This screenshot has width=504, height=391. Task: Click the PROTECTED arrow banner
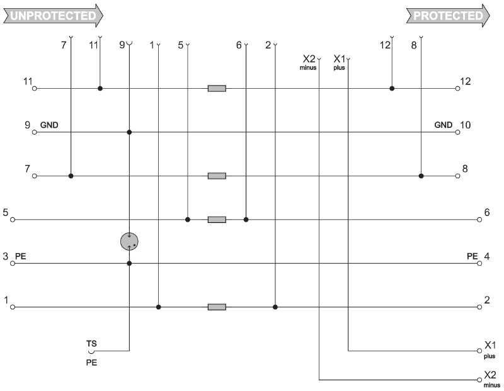tap(447, 15)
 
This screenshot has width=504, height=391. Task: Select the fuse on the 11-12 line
tap(217, 89)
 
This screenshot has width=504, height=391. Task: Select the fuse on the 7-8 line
tap(217, 176)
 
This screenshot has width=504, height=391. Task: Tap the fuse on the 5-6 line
tap(217, 220)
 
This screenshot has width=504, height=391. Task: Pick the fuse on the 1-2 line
tap(217, 307)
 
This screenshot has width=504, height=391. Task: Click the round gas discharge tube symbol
tap(129, 241)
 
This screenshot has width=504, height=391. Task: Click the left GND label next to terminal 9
tap(49, 125)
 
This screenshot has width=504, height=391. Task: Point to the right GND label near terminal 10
tap(444, 125)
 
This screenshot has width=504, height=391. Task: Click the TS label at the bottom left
tap(91, 344)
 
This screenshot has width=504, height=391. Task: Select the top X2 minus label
tap(308, 61)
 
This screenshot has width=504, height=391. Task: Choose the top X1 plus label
tap(340, 61)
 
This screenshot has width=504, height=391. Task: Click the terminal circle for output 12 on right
tap(458, 89)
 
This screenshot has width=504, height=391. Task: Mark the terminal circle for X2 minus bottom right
tap(479, 380)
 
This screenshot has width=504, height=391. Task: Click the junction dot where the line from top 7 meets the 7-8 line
tap(71, 176)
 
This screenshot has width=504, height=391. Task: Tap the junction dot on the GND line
tap(129, 132)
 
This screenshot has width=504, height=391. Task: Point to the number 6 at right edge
tap(487, 213)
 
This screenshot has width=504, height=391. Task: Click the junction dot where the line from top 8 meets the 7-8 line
tap(421, 176)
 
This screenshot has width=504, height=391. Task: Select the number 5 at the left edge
tap(6, 213)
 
